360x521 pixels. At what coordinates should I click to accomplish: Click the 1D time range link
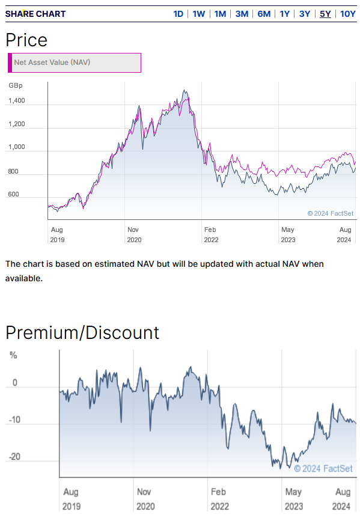pyautogui.click(x=178, y=14)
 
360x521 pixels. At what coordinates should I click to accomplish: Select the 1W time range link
pyautogui.click(x=199, y=14)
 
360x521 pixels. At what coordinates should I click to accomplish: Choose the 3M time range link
pyautogui.click(x=242, y=14)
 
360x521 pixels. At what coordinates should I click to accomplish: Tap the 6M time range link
pyautogui.click(x=264, y=14)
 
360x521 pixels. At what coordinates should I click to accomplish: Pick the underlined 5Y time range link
pyautogui.click(x=325, y=14)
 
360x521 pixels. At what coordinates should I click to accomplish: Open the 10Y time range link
pyautogui.click(x=348, y=14)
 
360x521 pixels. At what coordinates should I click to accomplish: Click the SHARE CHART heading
pyautogui.click(x=35, y=14)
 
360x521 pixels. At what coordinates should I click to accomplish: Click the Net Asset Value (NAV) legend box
pyautogui.click(x=75, y=62)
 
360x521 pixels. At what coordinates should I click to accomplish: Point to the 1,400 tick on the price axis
pyautogui.click(x=17, y=101)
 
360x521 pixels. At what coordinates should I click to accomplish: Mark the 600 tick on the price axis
pyautogui.click(x=13, y=194)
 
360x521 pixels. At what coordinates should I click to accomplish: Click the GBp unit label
pyautogui.click(x=16, y=85)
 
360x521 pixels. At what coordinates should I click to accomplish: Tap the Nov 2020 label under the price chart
pyautogui.click(x=134, y=234)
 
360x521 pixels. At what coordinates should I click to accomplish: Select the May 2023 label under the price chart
pyautogui.click(x=288, y=234)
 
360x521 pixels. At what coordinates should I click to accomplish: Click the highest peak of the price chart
pyautogui.click(x=184, y=90)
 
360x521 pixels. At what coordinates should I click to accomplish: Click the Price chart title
pyautogui.click(x=26, y=40)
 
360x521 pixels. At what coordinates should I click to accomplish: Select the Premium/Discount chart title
pyautogui.click(x=82, y=332)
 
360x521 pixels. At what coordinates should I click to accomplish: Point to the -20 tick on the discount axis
pyautogui.click(x=14, y=457)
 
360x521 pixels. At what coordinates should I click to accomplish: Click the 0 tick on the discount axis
pyautogui.click(x=14, y=383)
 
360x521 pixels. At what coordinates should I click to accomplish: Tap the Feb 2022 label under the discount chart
pyautogui.click(x=219, y=499)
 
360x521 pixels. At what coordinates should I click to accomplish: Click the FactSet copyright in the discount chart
pyautogui.click(x=323, y=469)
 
